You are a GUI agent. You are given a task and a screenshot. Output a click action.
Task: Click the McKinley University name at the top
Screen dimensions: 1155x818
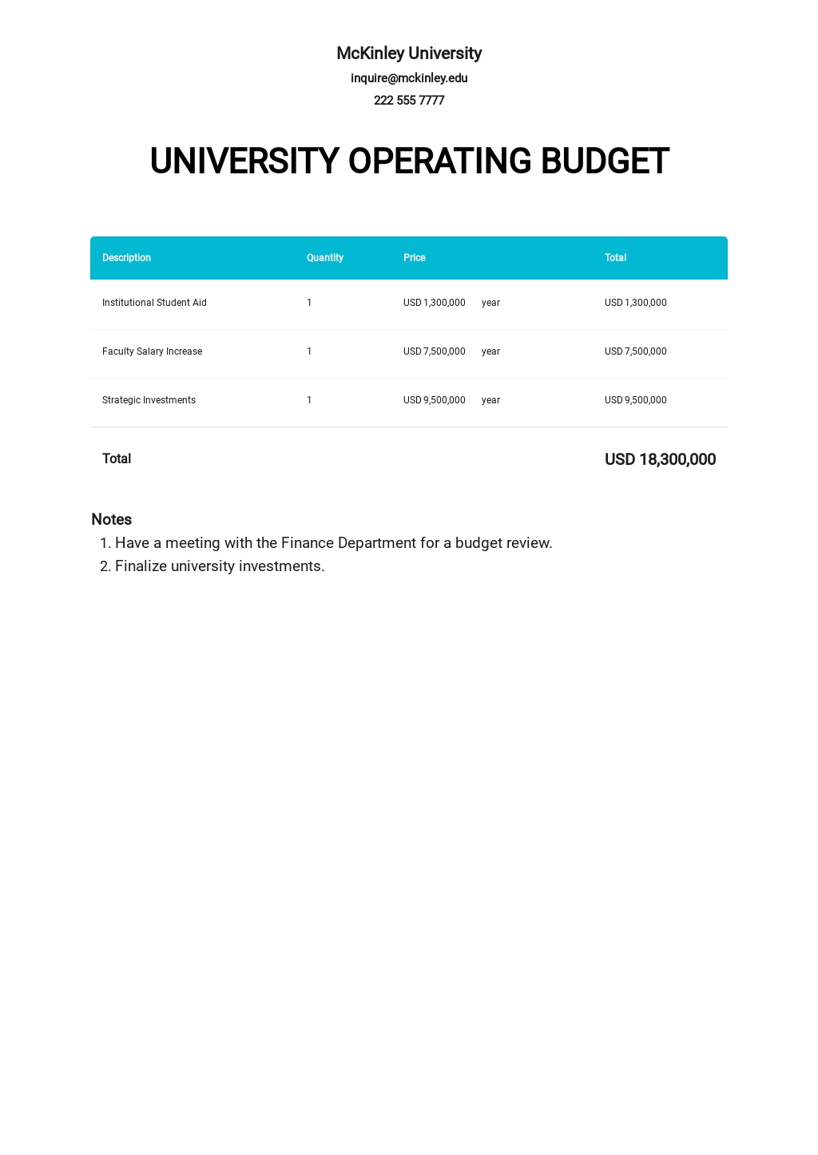(409, 54)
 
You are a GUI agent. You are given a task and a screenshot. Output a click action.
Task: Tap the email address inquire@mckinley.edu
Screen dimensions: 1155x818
(409, 78)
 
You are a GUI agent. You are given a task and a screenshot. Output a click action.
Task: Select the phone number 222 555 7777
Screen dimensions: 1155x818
(409, 101)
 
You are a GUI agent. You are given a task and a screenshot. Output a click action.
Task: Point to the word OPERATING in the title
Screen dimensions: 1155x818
(439, 161)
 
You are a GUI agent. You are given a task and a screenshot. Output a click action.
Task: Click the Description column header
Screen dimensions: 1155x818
(126, 258)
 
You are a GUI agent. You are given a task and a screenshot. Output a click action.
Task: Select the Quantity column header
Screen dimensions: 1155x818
(324, 258)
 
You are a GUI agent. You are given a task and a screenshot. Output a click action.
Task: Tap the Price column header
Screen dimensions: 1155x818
(414, 258)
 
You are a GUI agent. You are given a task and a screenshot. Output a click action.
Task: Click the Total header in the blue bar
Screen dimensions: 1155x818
(615, 258)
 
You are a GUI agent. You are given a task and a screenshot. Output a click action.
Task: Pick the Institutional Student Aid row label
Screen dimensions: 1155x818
(154, 303)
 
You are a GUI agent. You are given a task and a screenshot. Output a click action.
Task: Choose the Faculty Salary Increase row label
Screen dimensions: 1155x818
(152, 351)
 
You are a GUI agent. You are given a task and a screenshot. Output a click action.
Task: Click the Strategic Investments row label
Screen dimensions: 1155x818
(149, 400)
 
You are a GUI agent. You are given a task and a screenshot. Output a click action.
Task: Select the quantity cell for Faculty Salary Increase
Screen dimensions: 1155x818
(309, 351)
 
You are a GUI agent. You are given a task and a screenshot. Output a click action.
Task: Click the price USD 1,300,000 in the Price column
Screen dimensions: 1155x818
(434, 303)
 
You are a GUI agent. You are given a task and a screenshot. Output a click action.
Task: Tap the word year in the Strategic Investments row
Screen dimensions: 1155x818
(490, 400)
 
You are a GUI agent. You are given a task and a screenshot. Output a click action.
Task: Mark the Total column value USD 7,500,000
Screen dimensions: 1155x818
(635, 351)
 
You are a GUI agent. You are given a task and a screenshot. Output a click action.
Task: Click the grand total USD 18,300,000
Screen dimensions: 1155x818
(660, 459)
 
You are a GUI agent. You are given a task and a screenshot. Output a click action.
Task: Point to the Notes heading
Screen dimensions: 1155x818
(112, 519)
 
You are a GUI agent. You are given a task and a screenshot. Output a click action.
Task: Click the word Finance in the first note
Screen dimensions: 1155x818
(308, 543)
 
